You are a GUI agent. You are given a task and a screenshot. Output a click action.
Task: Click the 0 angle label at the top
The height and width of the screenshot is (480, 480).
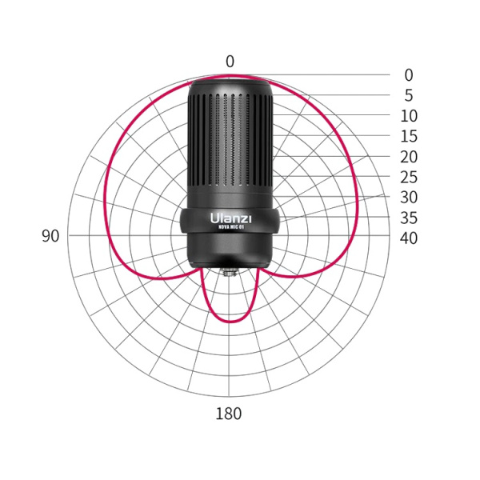tap(230, 62)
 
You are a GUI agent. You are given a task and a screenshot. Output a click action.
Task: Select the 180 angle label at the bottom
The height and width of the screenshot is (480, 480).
tap(229, 414)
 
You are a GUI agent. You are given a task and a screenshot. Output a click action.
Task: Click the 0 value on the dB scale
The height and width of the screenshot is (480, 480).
tap(409, 75)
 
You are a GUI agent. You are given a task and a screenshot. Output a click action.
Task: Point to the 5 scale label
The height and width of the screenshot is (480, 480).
tap(409, 95)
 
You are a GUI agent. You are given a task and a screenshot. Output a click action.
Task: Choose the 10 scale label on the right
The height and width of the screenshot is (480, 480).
tap(409, 116)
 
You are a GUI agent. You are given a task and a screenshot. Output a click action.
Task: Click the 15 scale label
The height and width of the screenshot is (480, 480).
tap(409, 137)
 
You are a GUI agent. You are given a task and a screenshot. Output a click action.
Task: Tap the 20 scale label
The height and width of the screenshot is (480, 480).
tap(409, 157)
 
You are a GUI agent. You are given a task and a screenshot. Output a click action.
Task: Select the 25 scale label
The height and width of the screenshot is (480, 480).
tap(409, 177)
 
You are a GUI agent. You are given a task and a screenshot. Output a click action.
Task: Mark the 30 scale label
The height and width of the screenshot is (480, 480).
tap(409, 198)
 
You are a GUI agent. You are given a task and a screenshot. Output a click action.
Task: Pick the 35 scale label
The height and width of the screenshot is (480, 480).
tap(409, 218)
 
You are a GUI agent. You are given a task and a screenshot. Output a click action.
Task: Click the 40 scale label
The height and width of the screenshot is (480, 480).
tap(409, 238)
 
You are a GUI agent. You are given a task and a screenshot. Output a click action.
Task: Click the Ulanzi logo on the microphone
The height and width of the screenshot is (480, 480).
tap(230, 216)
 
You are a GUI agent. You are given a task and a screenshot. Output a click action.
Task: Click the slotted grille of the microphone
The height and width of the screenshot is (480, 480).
tap(230, 144)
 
